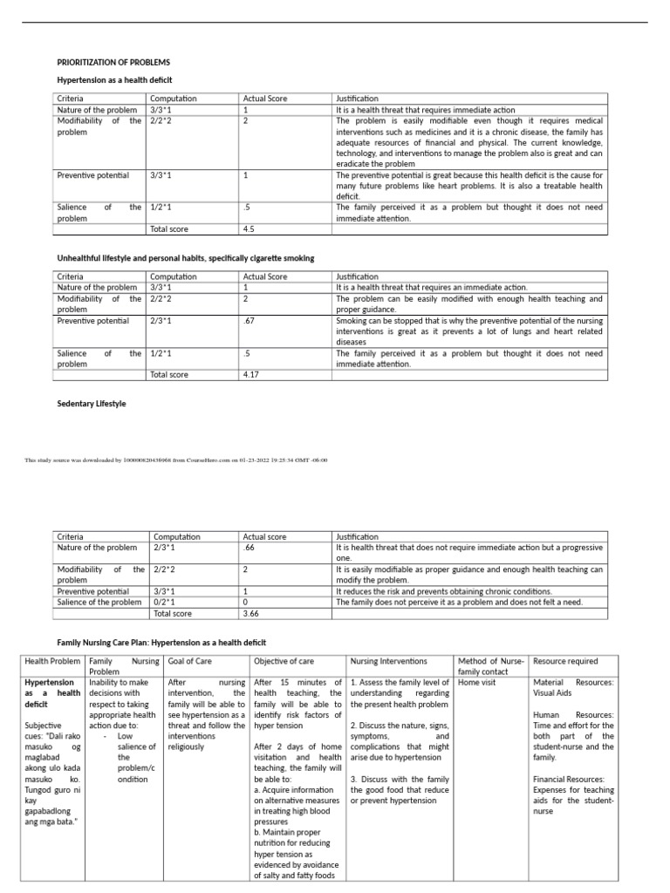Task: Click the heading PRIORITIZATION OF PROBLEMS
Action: pyautogui.click(x=113, y=63)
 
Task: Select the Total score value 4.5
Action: pyautogui.click(x=250, y=229)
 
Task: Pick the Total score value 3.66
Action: pyautogui.click(x=253, y=613)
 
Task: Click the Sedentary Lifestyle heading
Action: pyautogui.click(x=92, y=404)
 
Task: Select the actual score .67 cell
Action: pyautogui.click(x=250, y=321)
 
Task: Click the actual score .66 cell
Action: pyautogui.click(x=250, y=548)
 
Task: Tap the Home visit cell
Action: pyautogui.click(x=477, y=682)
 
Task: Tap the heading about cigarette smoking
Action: pyautogui.click(x=185, y=258)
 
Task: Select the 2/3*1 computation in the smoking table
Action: pyautogui.click(x=161, y=321)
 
